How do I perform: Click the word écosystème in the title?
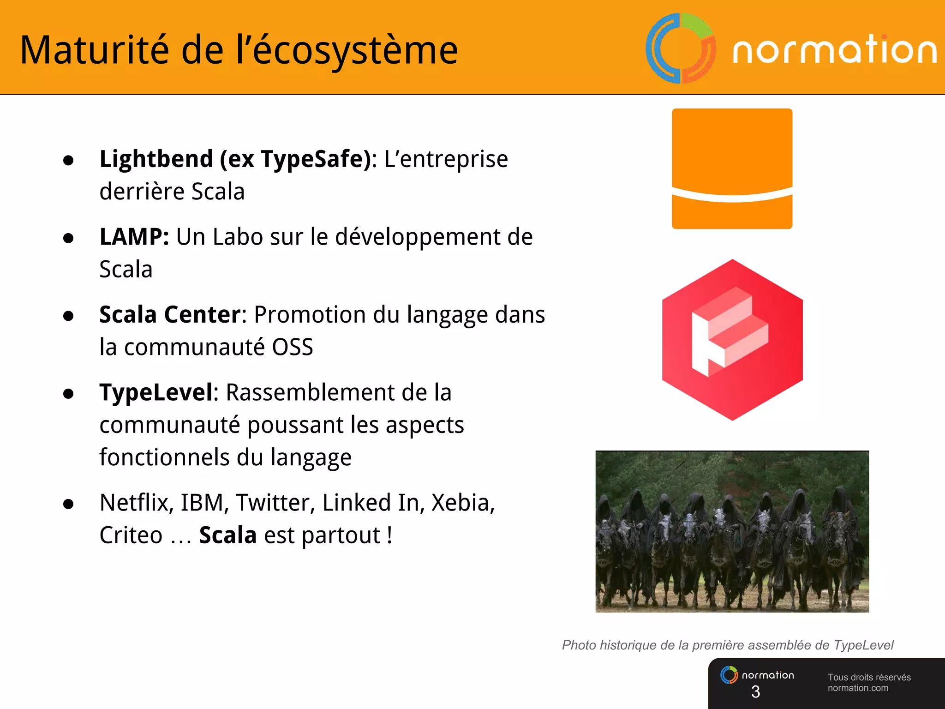[355, 51]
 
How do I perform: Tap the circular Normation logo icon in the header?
[681, 48]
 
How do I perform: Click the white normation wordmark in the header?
[834, 50]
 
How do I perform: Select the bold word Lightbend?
[156, 159]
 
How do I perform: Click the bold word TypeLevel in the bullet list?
[156, 393]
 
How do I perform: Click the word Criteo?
[131, 535]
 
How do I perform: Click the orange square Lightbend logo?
[732, 168]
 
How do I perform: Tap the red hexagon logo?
[732, 340]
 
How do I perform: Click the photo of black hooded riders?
[732, 532]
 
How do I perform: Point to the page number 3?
[755, 691]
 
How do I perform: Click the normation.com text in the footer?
[858, 688]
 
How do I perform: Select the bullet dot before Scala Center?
[68, 316]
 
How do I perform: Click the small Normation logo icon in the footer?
[729, 675]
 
